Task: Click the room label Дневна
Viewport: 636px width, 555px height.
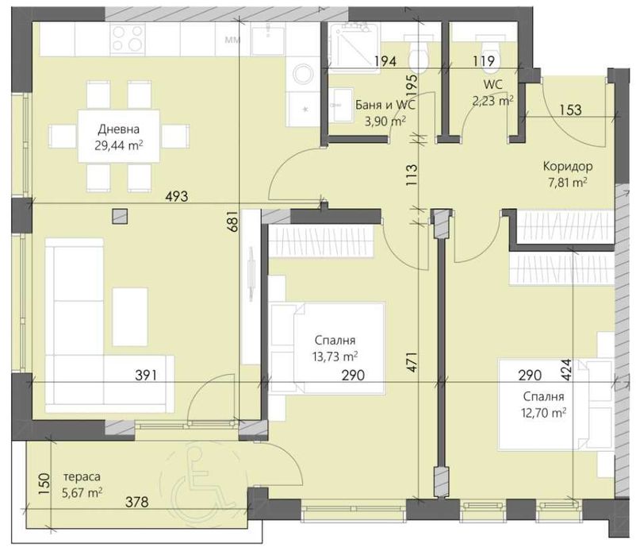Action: pos(119,130)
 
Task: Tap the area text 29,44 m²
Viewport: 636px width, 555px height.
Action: pos(119,146)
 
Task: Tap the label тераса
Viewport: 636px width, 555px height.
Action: pos(82,477)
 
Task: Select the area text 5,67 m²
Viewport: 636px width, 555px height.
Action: pos(82,493)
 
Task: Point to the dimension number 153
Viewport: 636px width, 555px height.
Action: pos(569,110)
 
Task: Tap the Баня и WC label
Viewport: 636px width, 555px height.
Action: pos(385,105)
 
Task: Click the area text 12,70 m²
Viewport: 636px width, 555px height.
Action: pos(543,412)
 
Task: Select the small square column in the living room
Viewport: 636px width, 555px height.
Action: pos(119,215)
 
